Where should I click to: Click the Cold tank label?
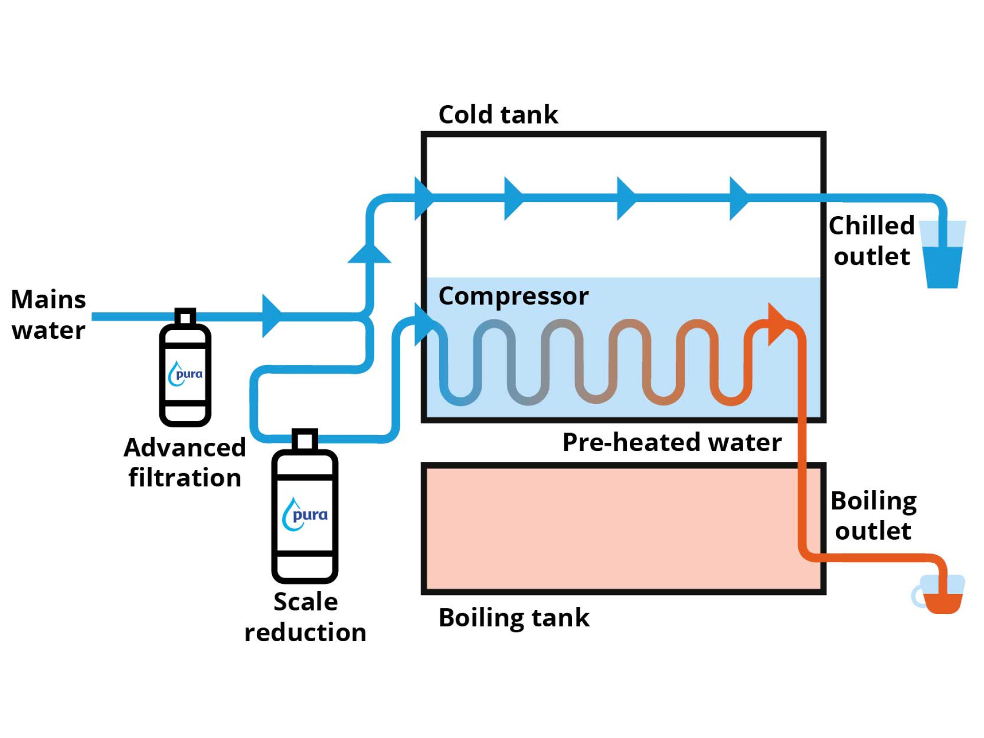pos(498,114)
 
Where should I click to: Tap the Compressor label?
pos(514,296)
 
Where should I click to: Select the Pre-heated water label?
pos(672,442)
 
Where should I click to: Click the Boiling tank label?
pos(514,618)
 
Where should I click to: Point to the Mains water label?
pos(49,314)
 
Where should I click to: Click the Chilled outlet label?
pos(872,240)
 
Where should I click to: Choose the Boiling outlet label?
pos(873,516)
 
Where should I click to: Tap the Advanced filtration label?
pos(185,462)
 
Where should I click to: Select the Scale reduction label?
pos(305,617)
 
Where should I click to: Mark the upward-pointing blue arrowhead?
pos(369,254)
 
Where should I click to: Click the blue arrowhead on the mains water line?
pos(271,316)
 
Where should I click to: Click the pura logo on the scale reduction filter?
pos(305,514)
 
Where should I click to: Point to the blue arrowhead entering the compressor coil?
pos(423,324)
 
